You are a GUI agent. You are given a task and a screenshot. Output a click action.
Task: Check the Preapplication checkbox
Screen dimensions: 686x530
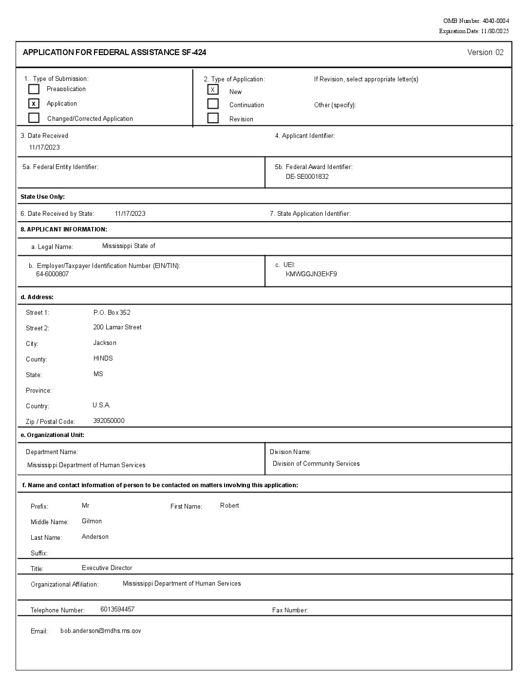(x=34, y=89)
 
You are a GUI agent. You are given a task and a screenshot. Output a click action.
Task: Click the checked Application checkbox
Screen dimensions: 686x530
(x=34, y=103)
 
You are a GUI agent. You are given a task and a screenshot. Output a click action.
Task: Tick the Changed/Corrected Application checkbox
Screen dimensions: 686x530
(x=34, y=118)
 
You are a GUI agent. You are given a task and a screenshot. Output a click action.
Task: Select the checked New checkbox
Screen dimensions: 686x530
(x=213, y=90)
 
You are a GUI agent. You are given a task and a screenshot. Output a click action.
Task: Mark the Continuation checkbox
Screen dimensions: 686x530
(x=213, y=104)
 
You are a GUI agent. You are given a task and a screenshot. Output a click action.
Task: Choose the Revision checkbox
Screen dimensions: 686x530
(x=213, y=118)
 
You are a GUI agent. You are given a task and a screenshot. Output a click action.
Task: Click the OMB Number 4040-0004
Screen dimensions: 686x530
(x=476, y=21)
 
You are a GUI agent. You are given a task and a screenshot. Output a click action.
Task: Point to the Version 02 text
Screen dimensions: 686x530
(x=485, y=53)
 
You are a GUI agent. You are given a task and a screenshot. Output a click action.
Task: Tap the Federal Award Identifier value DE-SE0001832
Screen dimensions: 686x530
(x=307, y=177)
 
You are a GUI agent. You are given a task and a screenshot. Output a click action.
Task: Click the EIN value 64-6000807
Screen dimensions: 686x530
(x=52, y=274)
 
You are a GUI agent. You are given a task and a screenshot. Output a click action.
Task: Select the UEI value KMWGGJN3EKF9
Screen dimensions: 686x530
(x=311, y=274)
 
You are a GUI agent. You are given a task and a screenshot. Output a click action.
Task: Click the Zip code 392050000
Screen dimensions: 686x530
(x=109, y=421)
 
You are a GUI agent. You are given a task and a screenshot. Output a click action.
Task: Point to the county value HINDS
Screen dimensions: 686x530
(x=103, y=359)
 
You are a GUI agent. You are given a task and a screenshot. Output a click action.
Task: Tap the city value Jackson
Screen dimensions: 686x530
(x=105, y=343)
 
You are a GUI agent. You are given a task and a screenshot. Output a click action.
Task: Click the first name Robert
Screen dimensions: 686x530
(x=229, y=506)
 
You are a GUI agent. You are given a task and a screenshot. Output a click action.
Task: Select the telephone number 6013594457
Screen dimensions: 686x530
(x=117, y=610)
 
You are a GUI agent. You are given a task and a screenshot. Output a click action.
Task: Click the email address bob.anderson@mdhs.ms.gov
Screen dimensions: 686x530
(x=101, y=631)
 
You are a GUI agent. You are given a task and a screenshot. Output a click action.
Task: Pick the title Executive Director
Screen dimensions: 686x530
(x=107, y=568)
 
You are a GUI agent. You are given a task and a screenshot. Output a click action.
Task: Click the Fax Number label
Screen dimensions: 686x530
(x=290, y=610)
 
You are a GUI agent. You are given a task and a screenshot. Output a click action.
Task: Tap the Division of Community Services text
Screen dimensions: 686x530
(x=316, y=464)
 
